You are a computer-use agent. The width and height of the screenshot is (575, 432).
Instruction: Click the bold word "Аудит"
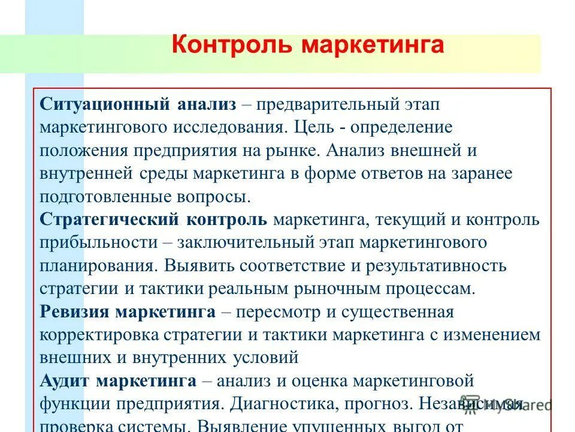65,380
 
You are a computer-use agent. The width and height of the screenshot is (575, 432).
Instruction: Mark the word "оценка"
321,380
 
